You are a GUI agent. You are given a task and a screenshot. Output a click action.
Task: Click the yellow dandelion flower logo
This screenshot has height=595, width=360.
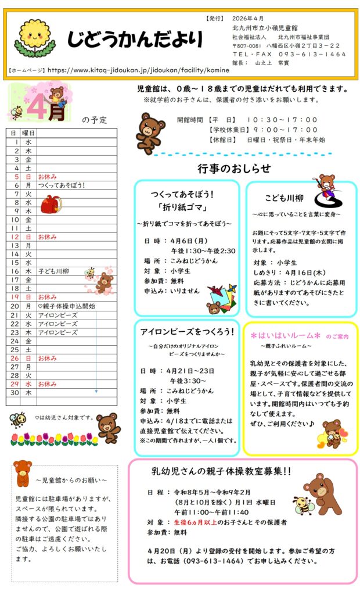tap(35, 37)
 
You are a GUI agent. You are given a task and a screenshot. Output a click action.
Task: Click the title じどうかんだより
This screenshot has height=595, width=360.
tap(135, 40)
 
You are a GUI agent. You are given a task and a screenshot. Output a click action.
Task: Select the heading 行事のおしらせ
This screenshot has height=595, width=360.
tap(233, 169)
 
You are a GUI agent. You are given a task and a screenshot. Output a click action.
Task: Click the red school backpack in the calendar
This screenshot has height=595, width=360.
tap(51, 204)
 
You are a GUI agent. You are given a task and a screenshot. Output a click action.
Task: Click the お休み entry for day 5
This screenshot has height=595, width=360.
tap(47, 176)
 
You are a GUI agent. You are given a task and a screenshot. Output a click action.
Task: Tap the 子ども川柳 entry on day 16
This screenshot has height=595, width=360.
tap(54, 271)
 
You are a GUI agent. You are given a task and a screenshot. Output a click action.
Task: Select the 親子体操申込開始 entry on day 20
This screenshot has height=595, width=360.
tap(66, 306)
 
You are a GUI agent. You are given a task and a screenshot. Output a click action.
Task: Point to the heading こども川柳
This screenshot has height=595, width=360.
tap(284, 198)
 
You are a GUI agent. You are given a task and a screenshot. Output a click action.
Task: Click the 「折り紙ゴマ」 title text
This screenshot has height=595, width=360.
tap(186, 209)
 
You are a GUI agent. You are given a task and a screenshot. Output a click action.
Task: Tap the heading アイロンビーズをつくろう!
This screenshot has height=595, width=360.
tap(187, 332)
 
